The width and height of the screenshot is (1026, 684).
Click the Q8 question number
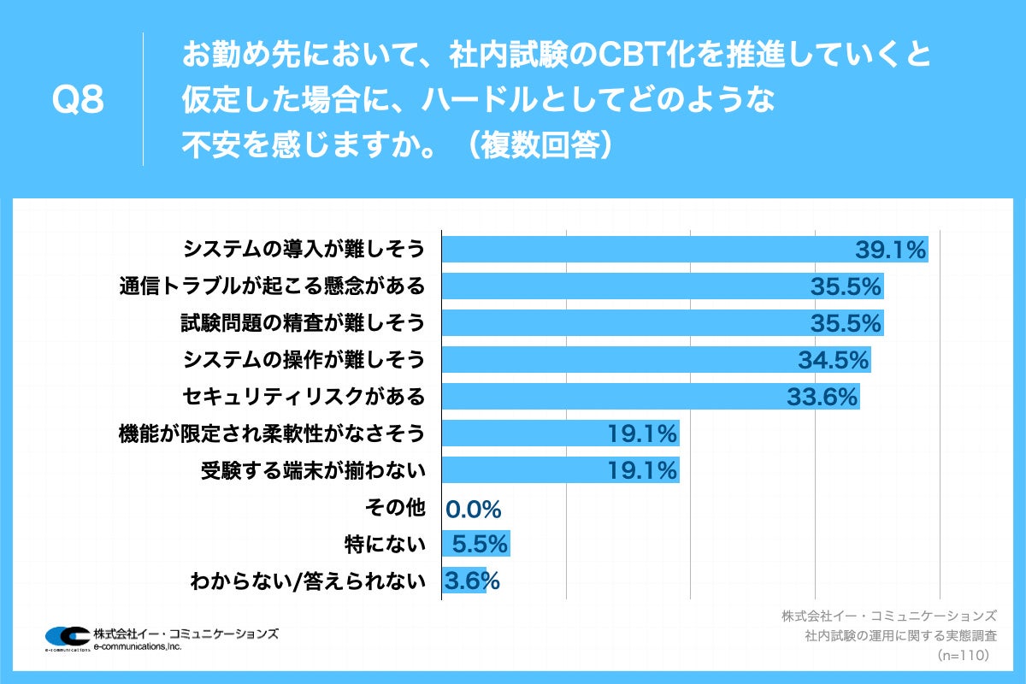click(78, 101)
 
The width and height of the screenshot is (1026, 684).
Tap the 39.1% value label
click(891, 250)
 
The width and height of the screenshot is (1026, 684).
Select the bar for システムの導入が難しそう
click(650, 250)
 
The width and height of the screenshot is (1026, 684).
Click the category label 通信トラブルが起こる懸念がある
click(272, 286)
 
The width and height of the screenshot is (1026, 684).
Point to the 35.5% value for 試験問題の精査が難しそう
click(846, 323)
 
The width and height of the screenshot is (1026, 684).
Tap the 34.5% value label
click(834, 360)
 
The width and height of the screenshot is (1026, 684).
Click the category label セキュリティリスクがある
click(304, 397)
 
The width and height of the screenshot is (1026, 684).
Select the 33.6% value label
click(822, 397)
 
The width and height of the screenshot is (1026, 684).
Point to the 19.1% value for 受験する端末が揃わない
click(642, 470)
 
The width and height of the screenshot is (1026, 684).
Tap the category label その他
click(395, 507)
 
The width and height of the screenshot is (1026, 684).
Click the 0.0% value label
click(473, 510)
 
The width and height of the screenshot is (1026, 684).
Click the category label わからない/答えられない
click(308, 581)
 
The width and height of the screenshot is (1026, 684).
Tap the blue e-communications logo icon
click(67, 637)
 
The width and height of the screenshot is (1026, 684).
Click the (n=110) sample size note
click(963, 655)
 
